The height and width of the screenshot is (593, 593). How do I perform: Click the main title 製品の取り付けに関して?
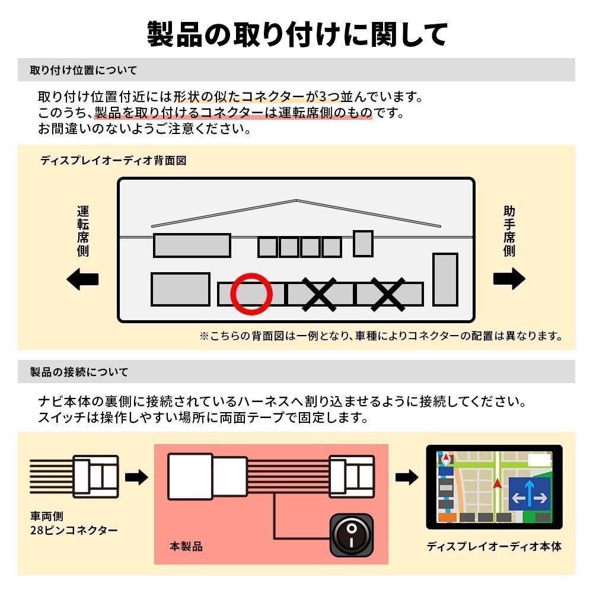click(x=296, y=34)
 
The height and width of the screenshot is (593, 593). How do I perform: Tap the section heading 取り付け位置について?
click(x=83, y=70)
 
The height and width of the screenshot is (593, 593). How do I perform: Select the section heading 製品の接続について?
click(x=79, y=372)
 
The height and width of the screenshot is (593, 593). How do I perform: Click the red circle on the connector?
click(x=251, y=293)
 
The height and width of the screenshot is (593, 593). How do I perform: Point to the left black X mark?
click(x=319, y=294)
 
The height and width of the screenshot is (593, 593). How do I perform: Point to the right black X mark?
click(x=388, y=294)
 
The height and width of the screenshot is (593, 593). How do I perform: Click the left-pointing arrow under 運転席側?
click(x=82, y=279)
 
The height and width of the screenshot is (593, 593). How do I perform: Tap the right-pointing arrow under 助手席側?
click(x=509, y=279)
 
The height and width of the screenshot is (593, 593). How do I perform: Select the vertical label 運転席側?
click(x=83, y=231)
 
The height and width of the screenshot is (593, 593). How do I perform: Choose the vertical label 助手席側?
click(x=509, y=231)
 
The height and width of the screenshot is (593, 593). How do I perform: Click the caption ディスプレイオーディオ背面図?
click(x=113, y=161)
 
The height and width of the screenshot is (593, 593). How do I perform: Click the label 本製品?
click(x=186, y=546)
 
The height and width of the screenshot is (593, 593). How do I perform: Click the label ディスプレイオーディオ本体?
click(x=494, y=546)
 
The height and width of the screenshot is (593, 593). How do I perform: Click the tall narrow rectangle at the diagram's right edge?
click(x=445, y=279)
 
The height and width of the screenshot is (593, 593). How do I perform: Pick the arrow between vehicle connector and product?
click(x=136, y=477)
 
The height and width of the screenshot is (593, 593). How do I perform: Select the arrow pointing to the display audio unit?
click(x=407, y=477)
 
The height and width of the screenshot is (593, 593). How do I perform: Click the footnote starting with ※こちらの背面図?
click(x=380, y=336)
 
